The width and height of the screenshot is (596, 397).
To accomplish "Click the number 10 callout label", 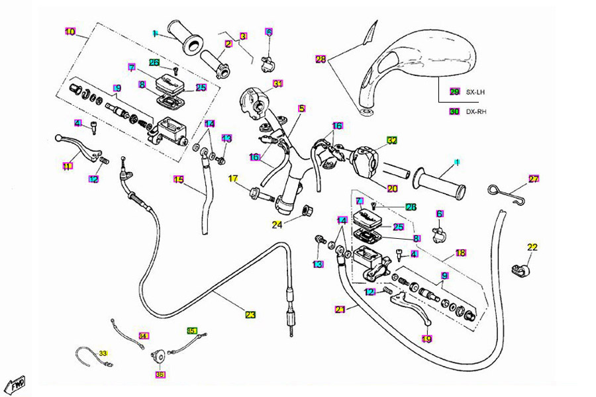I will [70, 31].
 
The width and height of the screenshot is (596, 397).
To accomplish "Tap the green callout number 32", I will [392, 140].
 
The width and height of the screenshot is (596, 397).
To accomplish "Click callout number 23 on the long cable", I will [250, 315].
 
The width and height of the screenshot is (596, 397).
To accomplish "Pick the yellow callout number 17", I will [234, 179].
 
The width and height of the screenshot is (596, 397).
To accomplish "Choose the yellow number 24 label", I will [276, 224].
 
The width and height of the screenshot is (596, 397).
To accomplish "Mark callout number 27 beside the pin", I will [534, 179].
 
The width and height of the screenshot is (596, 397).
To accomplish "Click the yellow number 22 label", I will [532, 247].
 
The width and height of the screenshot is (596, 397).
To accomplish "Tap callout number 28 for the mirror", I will [321, 60].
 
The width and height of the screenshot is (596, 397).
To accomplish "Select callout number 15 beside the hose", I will [178, 179].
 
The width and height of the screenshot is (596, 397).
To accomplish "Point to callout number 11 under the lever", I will [68, 166].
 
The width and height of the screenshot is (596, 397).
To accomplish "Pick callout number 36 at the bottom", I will [160, 375].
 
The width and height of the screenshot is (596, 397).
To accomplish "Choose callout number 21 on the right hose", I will [340, 309].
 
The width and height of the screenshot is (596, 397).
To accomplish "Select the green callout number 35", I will [192, 330].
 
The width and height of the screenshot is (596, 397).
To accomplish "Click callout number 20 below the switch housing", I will [393, 189].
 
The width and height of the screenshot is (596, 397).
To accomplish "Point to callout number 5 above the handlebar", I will [301, 108].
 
